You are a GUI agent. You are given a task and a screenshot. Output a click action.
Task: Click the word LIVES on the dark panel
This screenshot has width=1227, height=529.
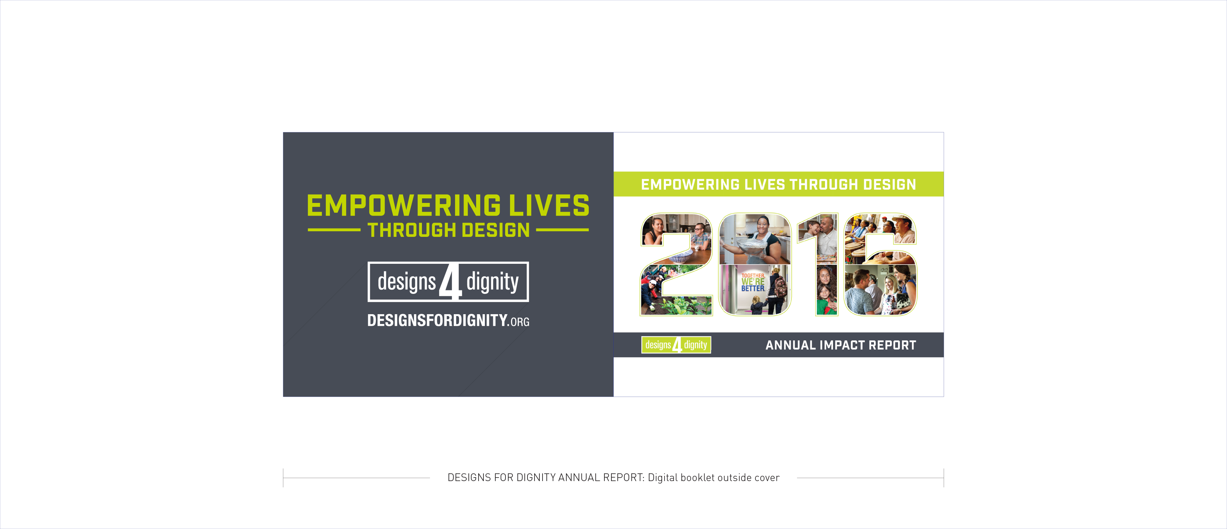549,205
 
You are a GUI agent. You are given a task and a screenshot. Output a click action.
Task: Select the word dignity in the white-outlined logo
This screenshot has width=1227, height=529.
493,281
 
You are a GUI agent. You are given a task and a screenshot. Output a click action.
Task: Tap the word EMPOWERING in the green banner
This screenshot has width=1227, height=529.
690,184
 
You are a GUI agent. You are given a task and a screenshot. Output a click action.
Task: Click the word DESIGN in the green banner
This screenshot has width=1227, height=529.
890,184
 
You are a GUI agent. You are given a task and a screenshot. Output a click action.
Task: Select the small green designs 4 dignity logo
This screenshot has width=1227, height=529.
676,345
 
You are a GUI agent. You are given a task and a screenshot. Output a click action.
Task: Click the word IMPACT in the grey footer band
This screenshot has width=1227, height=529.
842,345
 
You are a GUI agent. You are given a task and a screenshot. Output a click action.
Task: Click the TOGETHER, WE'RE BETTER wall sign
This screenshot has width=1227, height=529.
753,282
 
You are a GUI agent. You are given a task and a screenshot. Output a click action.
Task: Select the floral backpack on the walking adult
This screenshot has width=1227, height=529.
780,287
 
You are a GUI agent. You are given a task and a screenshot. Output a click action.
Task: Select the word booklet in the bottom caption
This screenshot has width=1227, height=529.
697,478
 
